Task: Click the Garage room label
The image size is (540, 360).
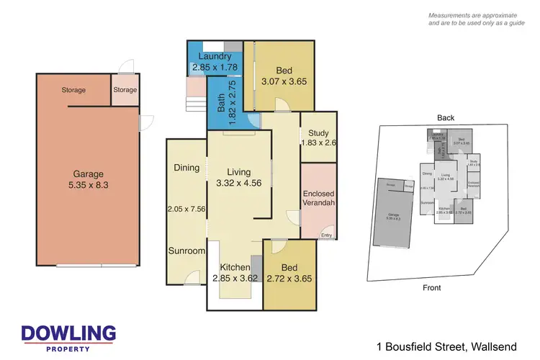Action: click(88, 174)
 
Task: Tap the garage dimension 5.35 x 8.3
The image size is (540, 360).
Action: click(88, 185)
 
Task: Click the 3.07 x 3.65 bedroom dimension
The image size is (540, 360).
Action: click(284, 81)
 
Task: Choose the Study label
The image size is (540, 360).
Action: click(318, 133)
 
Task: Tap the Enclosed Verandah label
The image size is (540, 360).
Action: click(318, 199)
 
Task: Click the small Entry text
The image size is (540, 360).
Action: click(327, 235)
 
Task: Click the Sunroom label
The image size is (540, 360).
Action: click(187, 251)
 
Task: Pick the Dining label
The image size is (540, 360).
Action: click(186, 168)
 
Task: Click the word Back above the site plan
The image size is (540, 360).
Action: click(445, 118)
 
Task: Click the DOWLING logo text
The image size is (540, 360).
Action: click(68, 333)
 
